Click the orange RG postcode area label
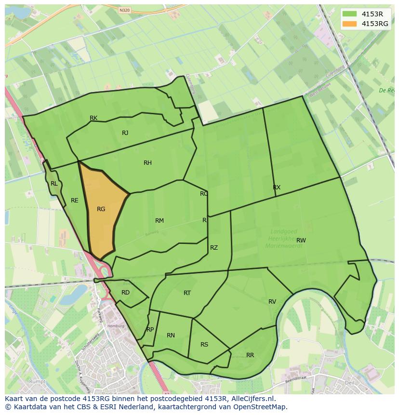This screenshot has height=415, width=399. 101,209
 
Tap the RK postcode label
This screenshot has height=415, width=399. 93,118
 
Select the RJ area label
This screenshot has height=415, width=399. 125,133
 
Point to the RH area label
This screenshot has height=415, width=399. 147,163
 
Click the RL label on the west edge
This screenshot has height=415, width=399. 54,184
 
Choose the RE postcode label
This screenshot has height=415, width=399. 74,201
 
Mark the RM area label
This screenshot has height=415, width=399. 160,221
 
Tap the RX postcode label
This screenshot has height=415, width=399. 277,187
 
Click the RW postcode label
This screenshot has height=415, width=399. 301,240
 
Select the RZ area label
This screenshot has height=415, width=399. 214,248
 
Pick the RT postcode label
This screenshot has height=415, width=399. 187,293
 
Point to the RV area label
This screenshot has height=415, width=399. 272,302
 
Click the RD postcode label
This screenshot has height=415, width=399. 125,293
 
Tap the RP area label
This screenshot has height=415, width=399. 150,330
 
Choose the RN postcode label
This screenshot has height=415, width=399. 171,335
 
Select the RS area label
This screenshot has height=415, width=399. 204,345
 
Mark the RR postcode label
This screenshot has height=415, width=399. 250,355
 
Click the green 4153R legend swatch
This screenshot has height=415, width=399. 349,13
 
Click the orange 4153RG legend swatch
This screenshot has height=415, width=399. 349,24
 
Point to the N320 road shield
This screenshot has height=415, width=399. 124,10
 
